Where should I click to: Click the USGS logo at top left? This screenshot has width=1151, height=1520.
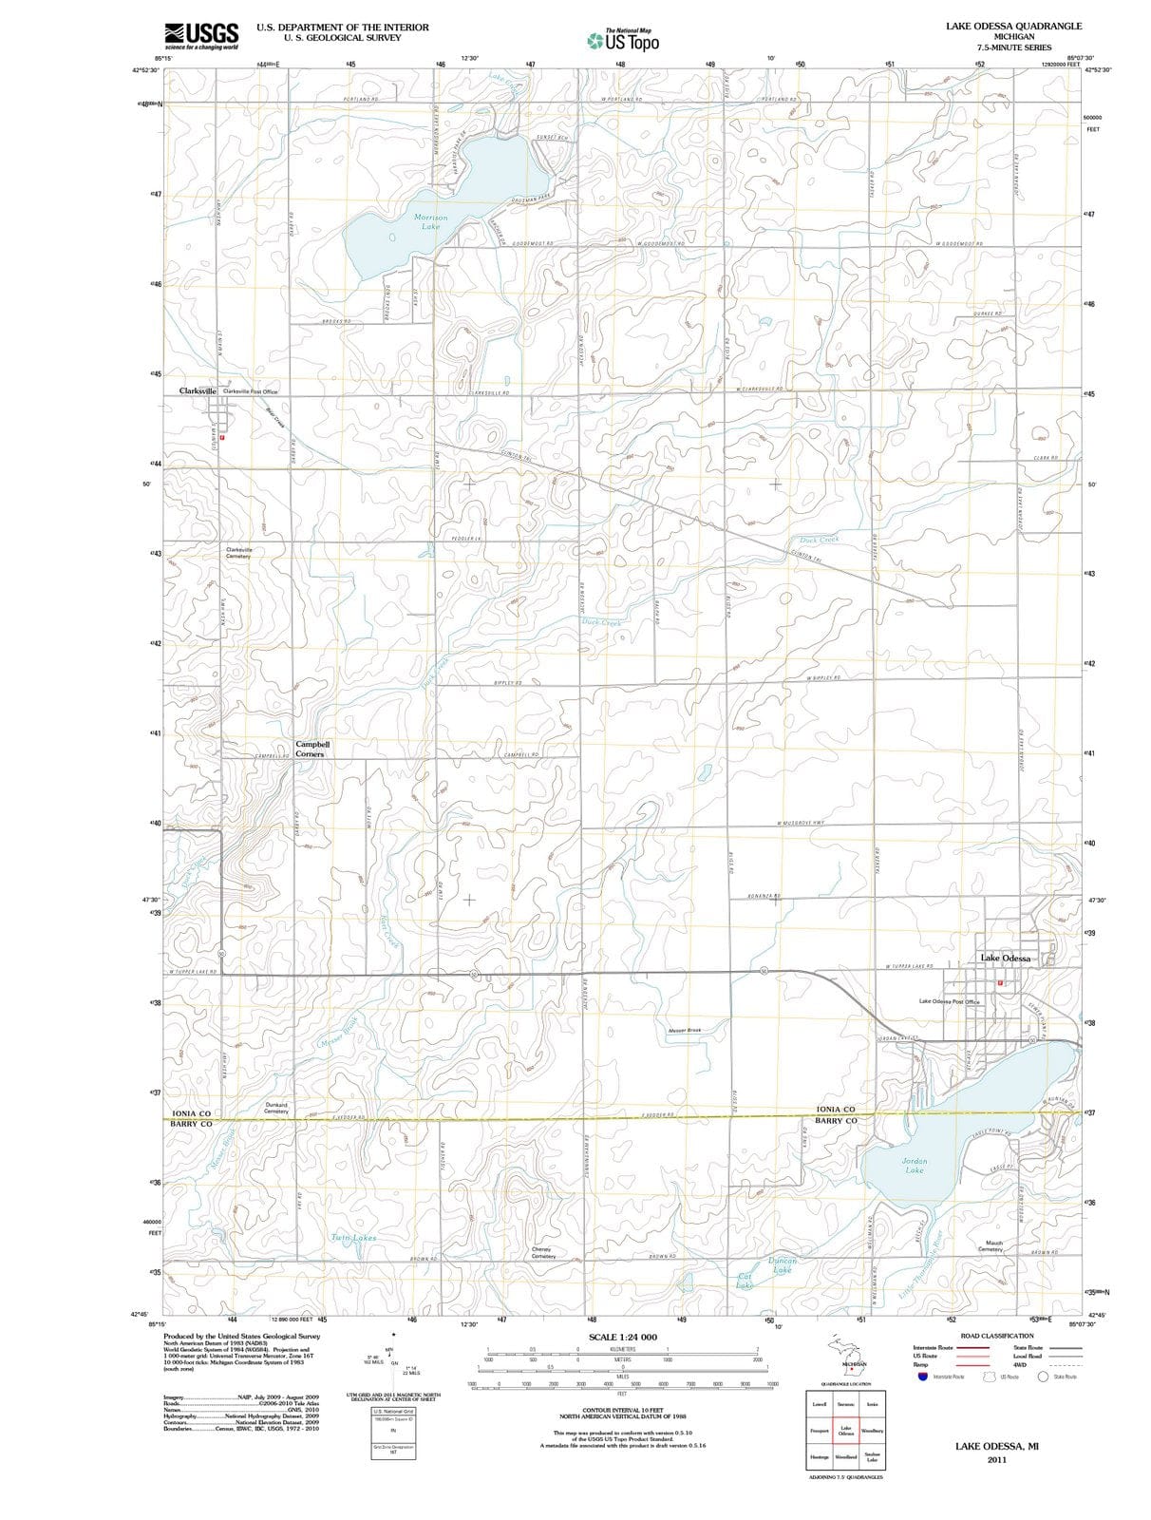coord(200,35)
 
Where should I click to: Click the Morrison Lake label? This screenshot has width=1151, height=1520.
coord(430,221)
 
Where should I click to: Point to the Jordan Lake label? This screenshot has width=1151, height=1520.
coord(914,1165)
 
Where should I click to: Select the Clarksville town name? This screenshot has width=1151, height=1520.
coord(198,390)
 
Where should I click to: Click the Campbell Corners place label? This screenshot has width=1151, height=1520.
coord(311,749)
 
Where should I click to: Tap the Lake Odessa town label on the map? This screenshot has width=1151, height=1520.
coord(1005,958)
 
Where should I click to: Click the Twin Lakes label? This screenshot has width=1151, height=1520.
coord(353,1237)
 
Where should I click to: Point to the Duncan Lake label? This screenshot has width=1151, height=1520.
coord(782,1264)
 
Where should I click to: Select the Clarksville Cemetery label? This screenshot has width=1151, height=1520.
coord(238,552)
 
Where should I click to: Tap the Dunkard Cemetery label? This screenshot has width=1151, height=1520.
coord(276,1108)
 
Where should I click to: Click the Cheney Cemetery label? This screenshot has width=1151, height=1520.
coord(542,1252)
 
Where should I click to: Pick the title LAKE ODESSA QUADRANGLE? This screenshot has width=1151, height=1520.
coord(1013,26)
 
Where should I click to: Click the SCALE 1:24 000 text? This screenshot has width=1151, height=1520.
coord(622,1337)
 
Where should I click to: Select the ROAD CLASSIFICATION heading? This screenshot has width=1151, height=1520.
coord(996,1335)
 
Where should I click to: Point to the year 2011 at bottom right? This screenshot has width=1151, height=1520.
coord(996,1459)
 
